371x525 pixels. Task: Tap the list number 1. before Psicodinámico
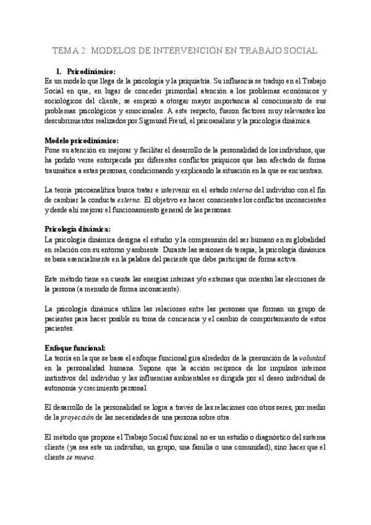coord(59,71)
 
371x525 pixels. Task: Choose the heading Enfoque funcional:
coord(75,348)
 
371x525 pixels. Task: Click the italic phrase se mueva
coord(81,457)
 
